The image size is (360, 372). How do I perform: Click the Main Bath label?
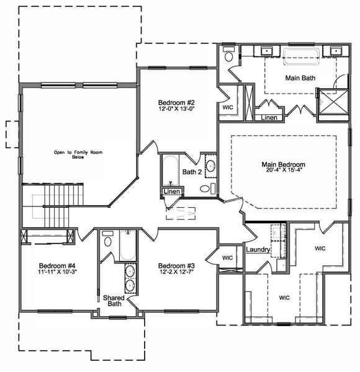(300, 78)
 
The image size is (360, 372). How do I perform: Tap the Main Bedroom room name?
(283, 164)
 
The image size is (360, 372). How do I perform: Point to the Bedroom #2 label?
(176, 102)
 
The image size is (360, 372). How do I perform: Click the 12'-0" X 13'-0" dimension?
(176, 110)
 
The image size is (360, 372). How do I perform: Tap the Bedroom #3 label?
(176, 263)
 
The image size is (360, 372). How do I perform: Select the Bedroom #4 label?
(57, 263)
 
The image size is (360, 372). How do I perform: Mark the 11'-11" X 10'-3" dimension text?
(57, 271)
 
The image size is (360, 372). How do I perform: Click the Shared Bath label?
(114, 301)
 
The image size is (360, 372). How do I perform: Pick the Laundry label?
(256, 250)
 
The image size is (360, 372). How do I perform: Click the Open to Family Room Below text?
(78, 154)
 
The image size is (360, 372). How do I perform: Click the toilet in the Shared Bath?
(109, 239)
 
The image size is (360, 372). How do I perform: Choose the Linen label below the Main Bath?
(269, 117)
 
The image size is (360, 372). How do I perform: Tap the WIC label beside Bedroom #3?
(228, 257)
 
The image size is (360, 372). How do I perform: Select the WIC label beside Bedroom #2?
(228, 107)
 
